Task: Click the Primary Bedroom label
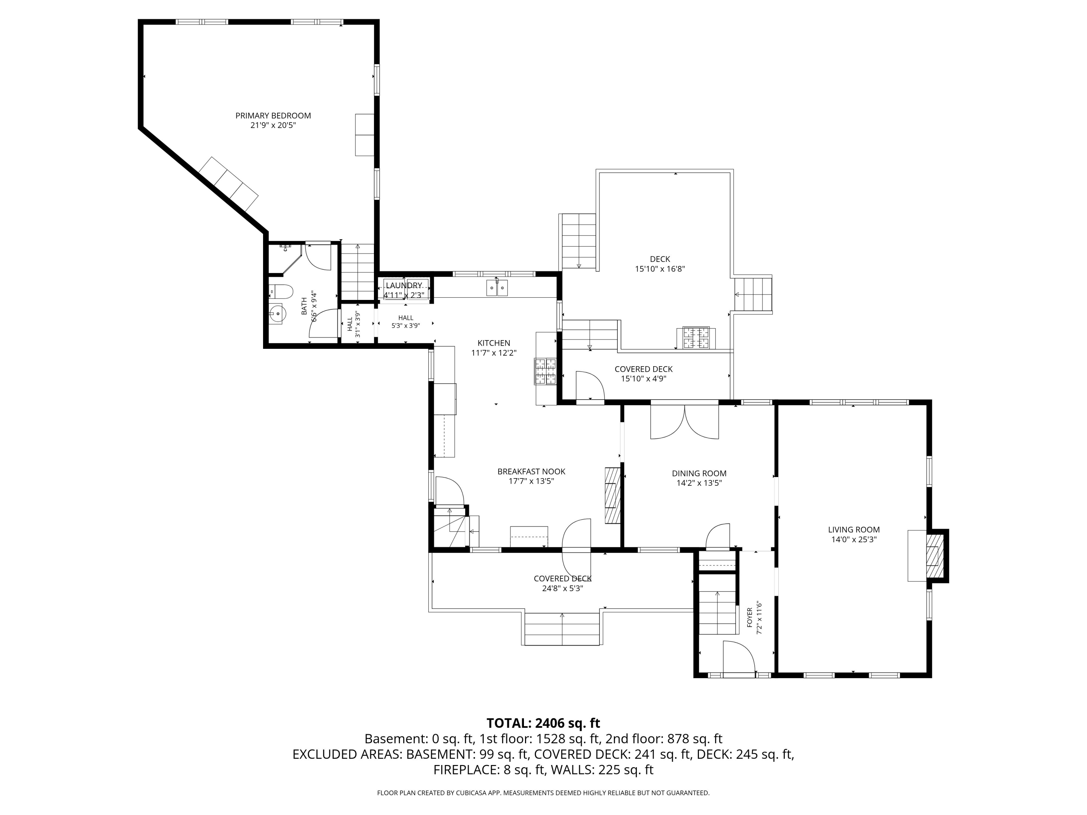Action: [x=273, y=116]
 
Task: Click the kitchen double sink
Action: [x=497, y=287]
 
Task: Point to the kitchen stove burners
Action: [x=545, y=371]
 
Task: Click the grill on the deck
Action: [x=695, y=338]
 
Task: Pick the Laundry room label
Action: [x=404, y=285]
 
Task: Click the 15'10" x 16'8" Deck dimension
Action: [x=660, y=269]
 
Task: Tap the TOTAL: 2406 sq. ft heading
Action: [x=543, y=723]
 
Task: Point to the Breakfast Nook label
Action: [x=531, y=472]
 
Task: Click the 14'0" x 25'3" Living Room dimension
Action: [x=854, y=539]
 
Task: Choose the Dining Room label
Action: [x=699, y=473]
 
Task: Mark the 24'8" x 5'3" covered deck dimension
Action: [x=562, y=588]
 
